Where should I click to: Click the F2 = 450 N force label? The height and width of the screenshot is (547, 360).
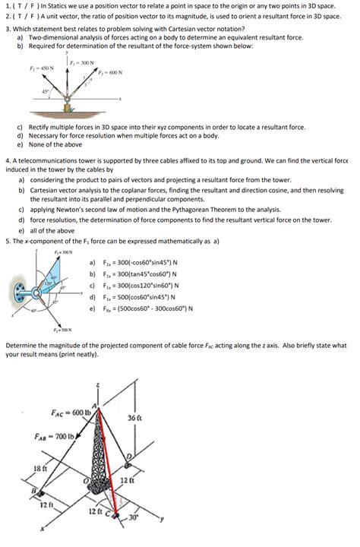[x=41, y=68]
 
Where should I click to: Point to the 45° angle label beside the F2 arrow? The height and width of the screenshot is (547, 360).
[x=47, y=94]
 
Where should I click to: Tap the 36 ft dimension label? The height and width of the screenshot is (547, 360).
[x=134, y=418]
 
